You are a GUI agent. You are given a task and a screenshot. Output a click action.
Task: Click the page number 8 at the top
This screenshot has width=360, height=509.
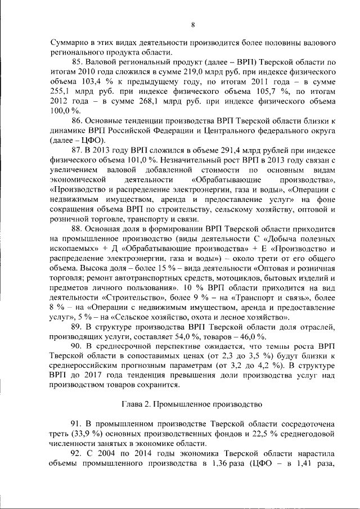pyautogui.click(x=192, y=24)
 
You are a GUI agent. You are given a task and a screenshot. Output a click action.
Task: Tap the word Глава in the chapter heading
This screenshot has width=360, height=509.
pyautogui.click(x=133, y=404)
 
